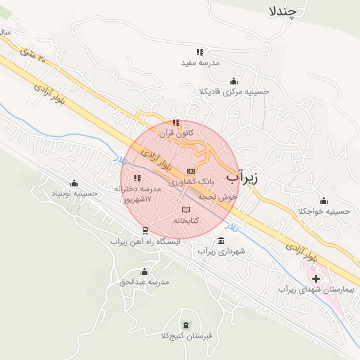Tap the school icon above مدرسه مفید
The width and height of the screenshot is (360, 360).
pyautogui.click(x=200, y=52)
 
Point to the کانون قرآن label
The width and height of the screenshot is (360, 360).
pyautogui.click(x=155, y=132)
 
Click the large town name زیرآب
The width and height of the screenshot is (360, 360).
pyautogui.click(x=242, y=177)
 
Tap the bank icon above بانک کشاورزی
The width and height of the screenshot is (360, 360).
pyautogui.click(x=191, y=171)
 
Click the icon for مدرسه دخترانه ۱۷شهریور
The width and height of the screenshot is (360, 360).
pyautogui.click(x=137, y=178)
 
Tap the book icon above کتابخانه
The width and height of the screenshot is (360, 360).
pyautogui.click(x=186, y=210)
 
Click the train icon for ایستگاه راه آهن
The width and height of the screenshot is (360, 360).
pyautogui.click(x=145, y=230)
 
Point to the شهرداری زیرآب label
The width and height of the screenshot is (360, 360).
pyautogui.click(x=221, y=251)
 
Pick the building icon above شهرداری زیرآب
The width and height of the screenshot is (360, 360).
pyautogui.click(x=221, y=240)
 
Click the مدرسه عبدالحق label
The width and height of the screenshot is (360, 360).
pyautogui.click(x=145, y=282)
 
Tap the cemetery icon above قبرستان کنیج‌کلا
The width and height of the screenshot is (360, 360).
pyautogui.click(x=186, y=324)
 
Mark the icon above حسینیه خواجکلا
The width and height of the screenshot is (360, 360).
pyautogui.click(x=323, y=199)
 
